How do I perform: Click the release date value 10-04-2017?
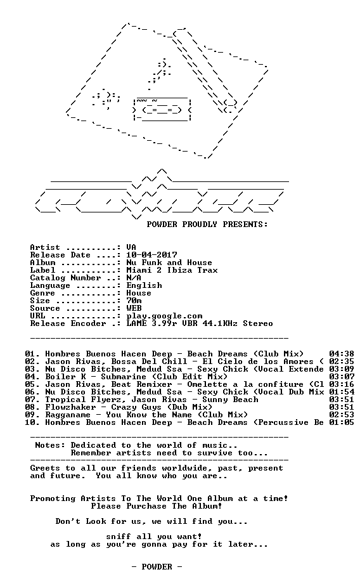(x=151, y=255)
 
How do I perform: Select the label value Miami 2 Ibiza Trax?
(x=172, y=270)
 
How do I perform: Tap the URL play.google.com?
(x=164, y=316)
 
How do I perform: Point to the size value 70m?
(x=134, y=301)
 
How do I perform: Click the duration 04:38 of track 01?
(x=342, y=354)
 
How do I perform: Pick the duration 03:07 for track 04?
(x=342, y=377)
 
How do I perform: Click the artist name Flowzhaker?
(x=70, y=407)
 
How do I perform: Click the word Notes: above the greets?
(x=50, y=445)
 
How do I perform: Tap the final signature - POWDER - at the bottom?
(x=157, y=567)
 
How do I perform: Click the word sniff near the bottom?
(x=119, y=537)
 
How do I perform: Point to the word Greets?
(x=45, y=468)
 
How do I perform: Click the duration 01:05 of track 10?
(x=342, y=422)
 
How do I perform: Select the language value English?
(x=144, y=285)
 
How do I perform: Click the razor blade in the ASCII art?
(x=162, y=109)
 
